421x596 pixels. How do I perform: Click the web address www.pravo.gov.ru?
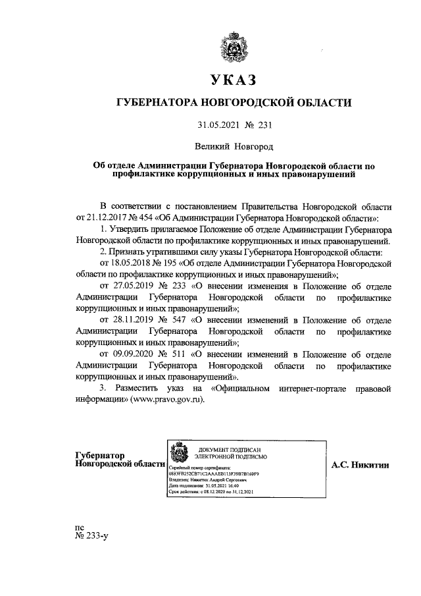163,400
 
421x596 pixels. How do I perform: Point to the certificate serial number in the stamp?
214,474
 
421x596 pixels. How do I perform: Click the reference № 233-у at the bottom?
91,536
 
